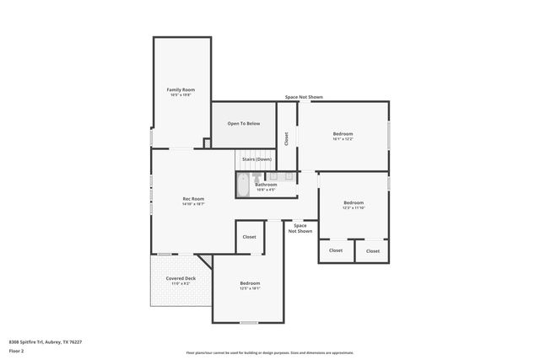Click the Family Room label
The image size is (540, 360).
(181, 89)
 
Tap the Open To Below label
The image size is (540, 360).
(243, 124)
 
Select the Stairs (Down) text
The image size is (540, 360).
(256, 159)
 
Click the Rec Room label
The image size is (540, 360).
(193, 199)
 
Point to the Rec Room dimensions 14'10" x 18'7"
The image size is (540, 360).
(193, 204)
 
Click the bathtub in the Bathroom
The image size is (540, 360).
(242, 185)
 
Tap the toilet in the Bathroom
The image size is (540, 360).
(261, 177)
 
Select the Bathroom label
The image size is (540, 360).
(266, 185)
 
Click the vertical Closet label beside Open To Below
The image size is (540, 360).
(286, 138)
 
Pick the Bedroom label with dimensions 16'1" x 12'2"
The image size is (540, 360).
(343, 134)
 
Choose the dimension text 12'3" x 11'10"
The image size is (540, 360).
(354, 207)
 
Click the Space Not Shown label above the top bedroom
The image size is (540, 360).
(304, 97)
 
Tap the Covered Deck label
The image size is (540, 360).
(181, 278)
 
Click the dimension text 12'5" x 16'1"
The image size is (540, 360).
(250, 288)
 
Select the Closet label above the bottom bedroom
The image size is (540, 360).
(249, 237)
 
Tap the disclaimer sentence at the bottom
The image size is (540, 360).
(270, 353)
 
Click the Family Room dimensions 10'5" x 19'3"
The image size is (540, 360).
(181, 94)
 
